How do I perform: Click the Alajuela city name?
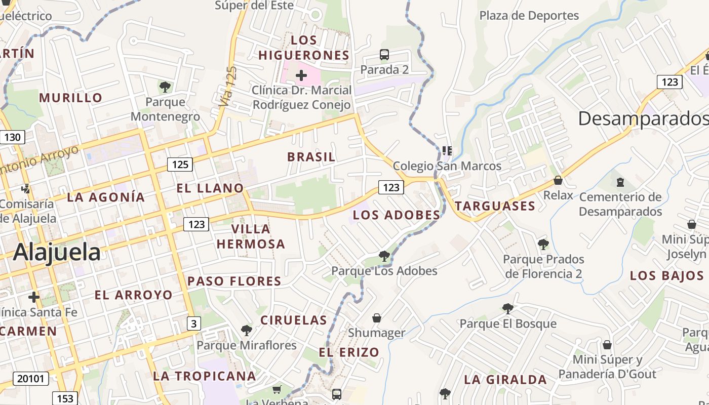click(57, 252)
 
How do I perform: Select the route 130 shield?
click(12, 137)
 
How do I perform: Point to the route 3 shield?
click(193, 323)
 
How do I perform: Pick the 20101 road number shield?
click(31, 378)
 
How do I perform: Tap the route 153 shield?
click(65, 398)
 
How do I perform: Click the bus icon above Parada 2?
click(384, 55)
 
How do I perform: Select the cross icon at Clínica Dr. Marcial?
click(301, 76)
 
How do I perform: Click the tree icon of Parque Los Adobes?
click(384, 256)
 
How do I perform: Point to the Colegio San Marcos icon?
click(447, 151)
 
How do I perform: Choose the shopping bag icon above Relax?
click(558, 180)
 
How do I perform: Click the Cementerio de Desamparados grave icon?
click(620, 182)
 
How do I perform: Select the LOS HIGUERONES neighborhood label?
click(304, 48)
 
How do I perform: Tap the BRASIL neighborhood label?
click(311, 157)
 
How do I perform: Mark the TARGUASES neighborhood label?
click(495, 206)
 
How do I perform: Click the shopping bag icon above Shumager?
click(377, 318)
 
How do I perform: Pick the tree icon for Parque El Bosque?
click(507, 308)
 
